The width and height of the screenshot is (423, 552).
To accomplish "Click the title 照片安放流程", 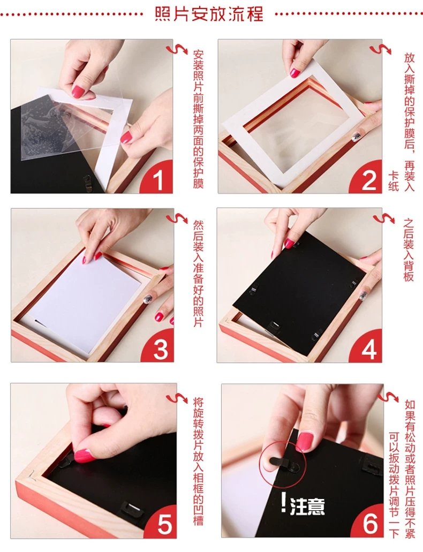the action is pos(209,14).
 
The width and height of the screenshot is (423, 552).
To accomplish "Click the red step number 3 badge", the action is pos(159,347).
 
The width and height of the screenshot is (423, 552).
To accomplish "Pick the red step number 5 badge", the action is pos(162,522).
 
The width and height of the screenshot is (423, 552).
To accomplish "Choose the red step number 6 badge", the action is pos(368,521).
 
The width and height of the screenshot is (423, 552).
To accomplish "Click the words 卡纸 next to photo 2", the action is pos(394,182).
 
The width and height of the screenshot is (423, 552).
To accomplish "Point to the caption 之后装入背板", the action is pos(409,249).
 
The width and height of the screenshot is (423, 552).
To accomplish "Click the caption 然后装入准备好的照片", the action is pos(198,273).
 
